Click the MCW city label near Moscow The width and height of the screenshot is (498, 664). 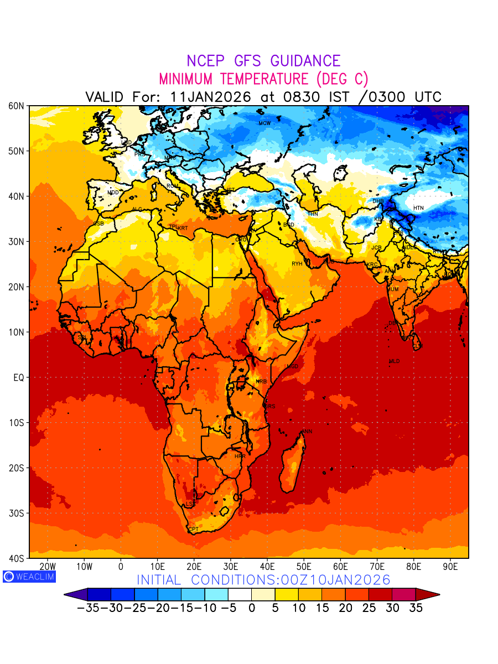click(264, 123)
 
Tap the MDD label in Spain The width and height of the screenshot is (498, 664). click(113, 193)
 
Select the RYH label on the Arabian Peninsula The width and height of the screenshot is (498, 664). click(297, 264)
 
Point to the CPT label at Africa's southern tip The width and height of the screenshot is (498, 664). click(194, 530)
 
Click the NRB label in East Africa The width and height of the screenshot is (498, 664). click(261, 382)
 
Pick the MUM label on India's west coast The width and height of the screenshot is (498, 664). click(393, 289)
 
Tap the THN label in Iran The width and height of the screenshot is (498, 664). click(313, 214)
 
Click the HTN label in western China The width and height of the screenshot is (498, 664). click(418, 208)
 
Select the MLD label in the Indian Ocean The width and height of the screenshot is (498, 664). click(394, 361)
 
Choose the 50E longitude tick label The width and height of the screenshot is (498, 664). click(304, 567)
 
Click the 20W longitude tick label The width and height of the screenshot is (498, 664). click(48, 567)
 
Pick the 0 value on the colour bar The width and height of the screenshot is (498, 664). click(252, 608)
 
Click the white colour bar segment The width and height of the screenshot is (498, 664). click(240, 595)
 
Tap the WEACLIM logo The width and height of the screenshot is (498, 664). click(29, 577)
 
